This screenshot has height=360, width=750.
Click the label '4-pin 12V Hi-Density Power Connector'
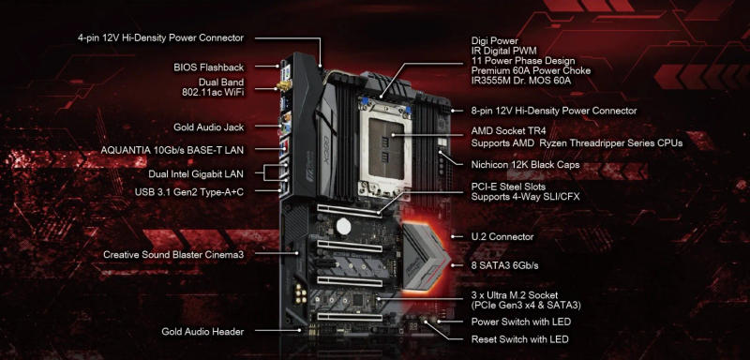pos(160,37)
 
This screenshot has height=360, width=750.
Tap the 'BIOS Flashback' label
pos(208,67)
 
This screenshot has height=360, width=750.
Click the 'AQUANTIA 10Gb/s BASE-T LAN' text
pos(175,150)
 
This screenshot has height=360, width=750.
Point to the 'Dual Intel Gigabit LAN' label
pos(196,173)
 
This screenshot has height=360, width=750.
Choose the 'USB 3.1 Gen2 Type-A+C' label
pos(190,191)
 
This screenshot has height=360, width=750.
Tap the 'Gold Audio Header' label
pos(202,332)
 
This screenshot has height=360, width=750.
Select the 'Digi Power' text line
pos(495,41)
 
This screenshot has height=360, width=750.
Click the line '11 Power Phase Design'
pos(521,61)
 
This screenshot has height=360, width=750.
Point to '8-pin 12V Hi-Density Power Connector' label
pos(556,111)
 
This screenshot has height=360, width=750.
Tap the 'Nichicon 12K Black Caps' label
pos(526,165)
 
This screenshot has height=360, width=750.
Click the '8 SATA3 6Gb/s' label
pos(504,266)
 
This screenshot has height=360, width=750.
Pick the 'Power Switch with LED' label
pos(520,322)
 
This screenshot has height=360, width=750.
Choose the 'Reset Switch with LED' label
pos(519,338)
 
